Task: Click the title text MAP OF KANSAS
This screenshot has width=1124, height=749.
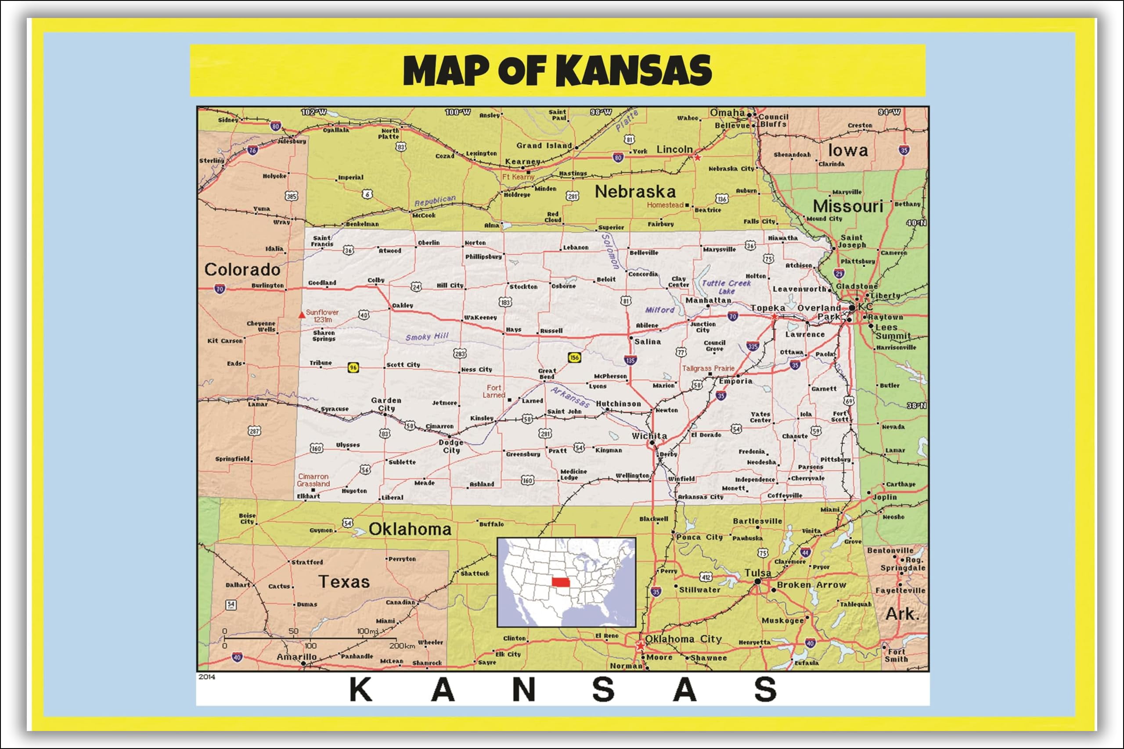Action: tap(557, 71)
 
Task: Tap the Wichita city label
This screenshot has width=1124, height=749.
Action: tap(649, 436)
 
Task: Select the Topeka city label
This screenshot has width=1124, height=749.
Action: tap(767, 308)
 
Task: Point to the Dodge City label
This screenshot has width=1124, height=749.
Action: tap(450, 446)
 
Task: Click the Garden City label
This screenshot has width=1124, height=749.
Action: tap(386, 404)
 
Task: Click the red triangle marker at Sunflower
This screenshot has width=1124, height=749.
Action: tap(301, 315)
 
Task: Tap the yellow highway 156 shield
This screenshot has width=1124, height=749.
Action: tap(574, 357)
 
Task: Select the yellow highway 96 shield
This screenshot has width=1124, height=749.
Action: tap(353, 367)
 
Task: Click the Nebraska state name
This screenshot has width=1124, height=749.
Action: tap(635, 192)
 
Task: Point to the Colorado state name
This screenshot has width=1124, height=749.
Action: tap(242, 269)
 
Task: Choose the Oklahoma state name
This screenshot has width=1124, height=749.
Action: tap(410, 529)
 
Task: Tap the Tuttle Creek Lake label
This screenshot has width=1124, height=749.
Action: tap(726, 287)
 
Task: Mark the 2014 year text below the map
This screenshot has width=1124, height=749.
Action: tap(206, 677)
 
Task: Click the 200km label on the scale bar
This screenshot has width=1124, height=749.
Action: tap(402, 646)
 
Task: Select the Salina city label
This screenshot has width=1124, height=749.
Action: tap(648, 341)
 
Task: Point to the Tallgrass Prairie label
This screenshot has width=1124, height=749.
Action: tap(708, 368)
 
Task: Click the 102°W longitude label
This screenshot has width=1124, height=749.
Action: tap(313, 112)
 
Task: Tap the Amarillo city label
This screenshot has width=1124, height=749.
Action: tap(296, 657)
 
